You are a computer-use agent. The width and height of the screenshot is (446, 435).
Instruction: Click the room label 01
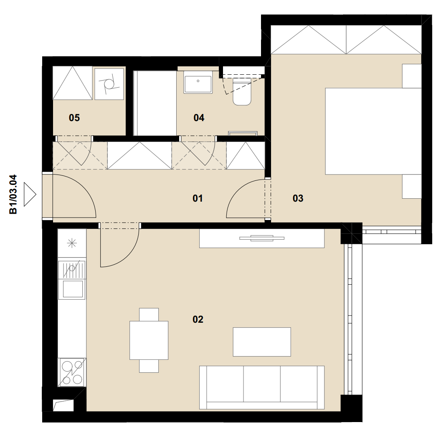pos(198,198)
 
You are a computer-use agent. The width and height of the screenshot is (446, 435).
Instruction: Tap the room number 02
pos(198,319)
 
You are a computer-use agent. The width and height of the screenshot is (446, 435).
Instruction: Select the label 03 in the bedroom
pos(298,198)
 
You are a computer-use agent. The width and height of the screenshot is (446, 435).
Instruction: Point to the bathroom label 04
pos(199,118)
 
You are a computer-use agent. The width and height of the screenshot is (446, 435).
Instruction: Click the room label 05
pos(74,118)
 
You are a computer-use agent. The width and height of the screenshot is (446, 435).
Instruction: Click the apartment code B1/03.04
pos(13,195)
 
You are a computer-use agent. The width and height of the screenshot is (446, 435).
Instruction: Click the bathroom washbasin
pos(198,82)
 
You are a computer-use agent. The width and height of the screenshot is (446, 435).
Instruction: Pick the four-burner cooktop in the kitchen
pos(72,372)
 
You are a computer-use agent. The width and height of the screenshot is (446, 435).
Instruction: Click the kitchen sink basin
pos(73,288)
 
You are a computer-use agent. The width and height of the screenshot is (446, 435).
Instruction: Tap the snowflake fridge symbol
pos(71,243)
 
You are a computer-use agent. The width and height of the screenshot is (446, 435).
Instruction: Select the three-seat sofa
pos(262,387)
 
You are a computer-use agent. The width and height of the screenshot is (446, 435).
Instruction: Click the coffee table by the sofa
pos(262,342)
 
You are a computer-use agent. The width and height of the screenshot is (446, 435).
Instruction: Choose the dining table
pos(149,340)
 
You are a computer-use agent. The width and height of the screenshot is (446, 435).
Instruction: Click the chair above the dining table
pos(149,314)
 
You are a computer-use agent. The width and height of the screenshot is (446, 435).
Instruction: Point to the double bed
pos(373,131)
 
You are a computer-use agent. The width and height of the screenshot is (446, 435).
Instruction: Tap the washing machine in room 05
pos(109,83)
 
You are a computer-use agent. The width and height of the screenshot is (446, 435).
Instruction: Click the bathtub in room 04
pos(155,103)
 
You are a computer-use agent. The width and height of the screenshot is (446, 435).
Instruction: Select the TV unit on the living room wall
pos(262,238)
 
